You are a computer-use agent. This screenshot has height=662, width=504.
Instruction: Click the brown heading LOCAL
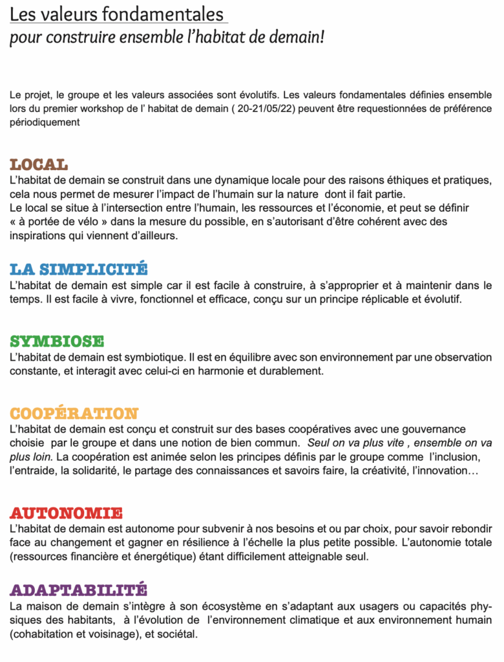click(39, 164)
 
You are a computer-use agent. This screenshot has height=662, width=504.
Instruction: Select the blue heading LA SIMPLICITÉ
click(79, 269)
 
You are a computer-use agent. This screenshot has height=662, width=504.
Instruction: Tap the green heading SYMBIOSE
click(57, 341)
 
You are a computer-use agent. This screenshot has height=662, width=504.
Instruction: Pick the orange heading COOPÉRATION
click(74, 413)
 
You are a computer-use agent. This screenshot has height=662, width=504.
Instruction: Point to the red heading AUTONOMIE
click(66, 514)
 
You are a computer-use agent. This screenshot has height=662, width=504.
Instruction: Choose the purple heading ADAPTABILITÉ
click(78, 590)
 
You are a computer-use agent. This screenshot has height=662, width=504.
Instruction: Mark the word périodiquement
click(45, 122)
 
